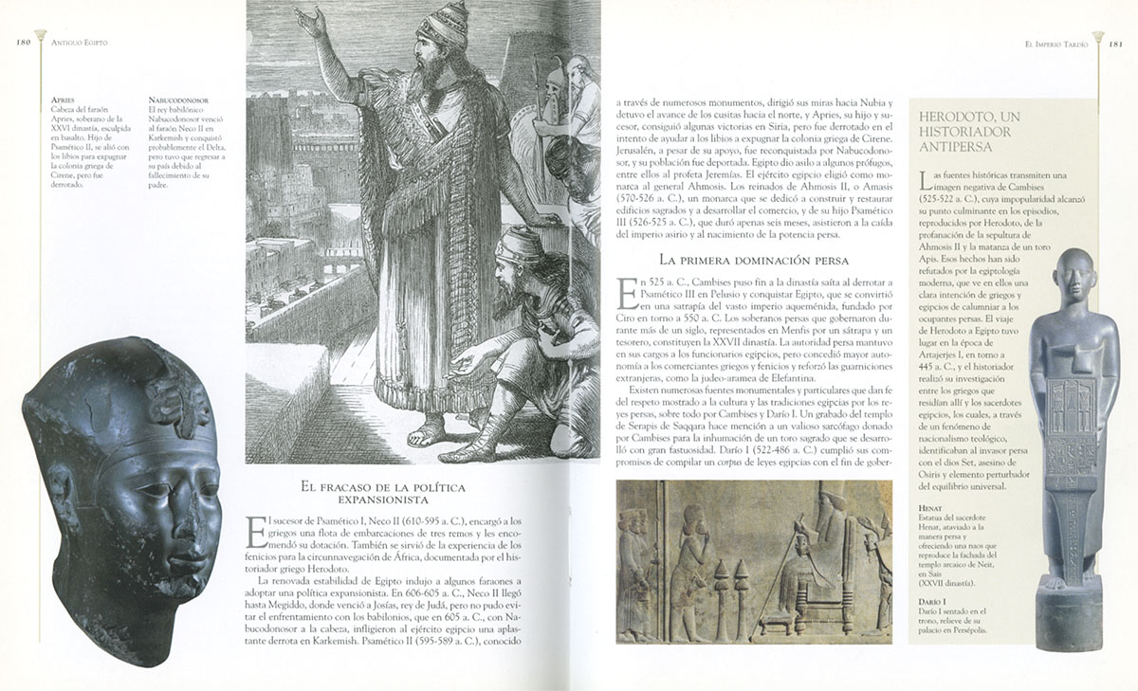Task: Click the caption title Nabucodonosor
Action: (x=179, y=98)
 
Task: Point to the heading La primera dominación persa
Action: (x=753, y=259)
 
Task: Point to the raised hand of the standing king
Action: (x=307, y=20)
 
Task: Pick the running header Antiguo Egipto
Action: (x=80, y=43)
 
